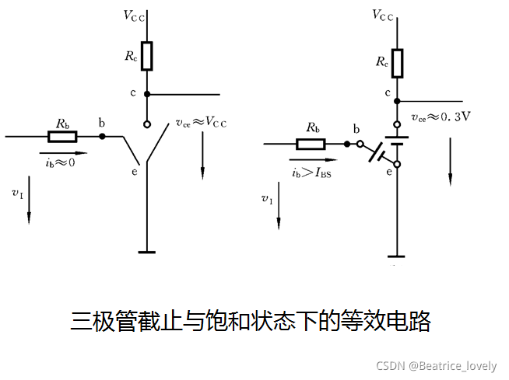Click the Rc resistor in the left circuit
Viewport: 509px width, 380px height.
[x=147, y=56]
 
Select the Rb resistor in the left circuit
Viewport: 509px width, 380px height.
[x=62, y=137]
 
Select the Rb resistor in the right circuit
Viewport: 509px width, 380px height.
[x=311, y=144]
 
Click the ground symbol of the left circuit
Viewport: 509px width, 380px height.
[x=147, y=251]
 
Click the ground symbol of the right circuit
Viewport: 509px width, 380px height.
[x=397, y=256]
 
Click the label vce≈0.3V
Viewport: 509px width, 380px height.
[x=441, y=117]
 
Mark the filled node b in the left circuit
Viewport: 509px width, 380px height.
[x=102, y=137]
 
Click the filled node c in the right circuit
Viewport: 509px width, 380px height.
[x=398, y=101]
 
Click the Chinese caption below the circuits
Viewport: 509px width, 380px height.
[x=251, y=321]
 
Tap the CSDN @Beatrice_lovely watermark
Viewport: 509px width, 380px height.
[x=436, y=365]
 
